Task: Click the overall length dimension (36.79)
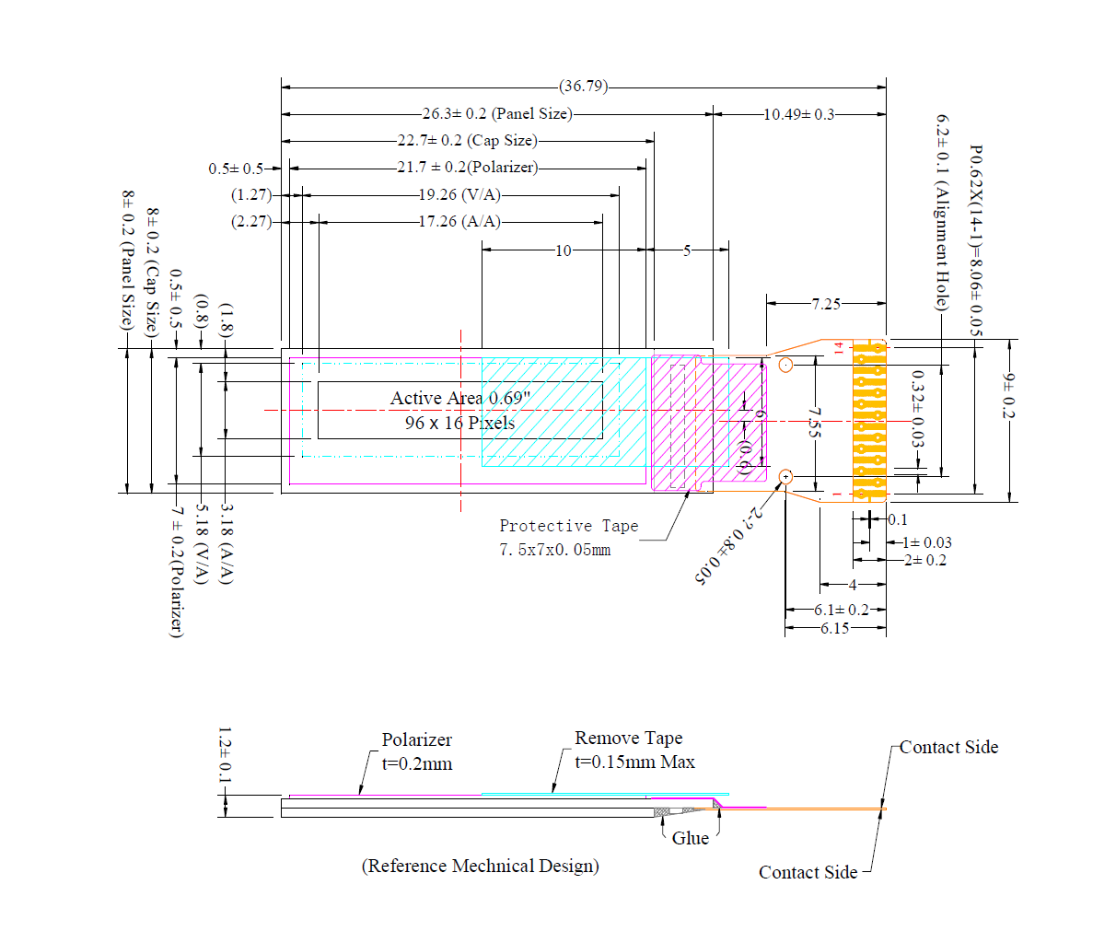(584, 87)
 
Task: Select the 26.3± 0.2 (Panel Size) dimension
(497, 114)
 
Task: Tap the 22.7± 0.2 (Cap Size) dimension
(467, 141)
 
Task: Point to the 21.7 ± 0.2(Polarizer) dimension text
(468, 168)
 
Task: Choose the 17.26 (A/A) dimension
(459, 222)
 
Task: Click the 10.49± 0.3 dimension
(798, 114)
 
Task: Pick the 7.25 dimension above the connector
(826, 303)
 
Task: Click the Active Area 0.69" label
(459, 399)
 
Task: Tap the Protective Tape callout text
(569, 527)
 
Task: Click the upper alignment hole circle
(785, 366)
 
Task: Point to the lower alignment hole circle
(785, 477)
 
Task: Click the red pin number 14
(839, 348)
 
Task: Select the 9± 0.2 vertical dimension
(1008, 396)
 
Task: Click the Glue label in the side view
(690, 838)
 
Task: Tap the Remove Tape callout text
(629, 739)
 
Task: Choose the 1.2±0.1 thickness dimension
(224, 757)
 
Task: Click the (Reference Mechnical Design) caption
(480, 866)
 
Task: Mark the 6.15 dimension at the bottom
(835, 629)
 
